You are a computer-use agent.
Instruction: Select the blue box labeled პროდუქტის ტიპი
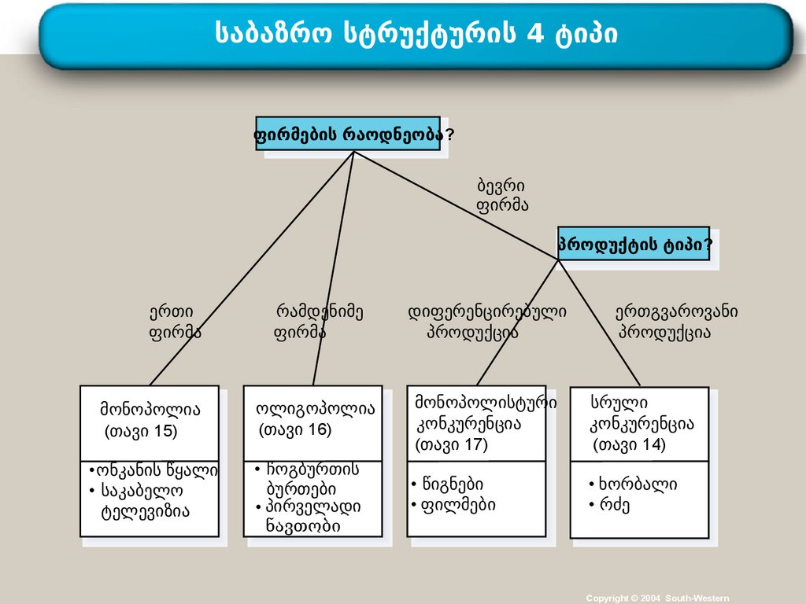tap(634, 244)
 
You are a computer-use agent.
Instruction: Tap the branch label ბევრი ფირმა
tap(501, 196)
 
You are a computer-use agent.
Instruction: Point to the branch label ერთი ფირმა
tap(174, 322)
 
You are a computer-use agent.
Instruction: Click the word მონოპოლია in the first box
tap(150, 409)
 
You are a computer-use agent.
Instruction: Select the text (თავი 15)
tap(141, 431)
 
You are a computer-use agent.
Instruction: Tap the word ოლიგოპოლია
tap(316, 409)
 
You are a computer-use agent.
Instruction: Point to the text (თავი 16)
tap(295, 430)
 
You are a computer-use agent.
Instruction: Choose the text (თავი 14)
tap(629, 445)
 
